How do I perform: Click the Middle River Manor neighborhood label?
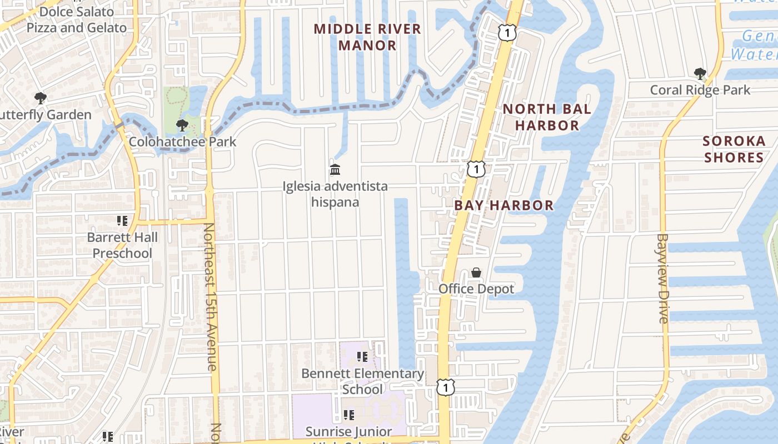point(367,37)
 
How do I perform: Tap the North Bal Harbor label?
point(547,117)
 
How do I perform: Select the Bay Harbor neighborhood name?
point(504,205)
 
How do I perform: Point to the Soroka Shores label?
point(734,149)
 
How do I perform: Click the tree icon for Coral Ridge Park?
point(700,73)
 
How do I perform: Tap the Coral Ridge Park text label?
point(700,90)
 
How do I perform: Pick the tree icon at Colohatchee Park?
point(182,125)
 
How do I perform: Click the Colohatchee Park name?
point(183,142)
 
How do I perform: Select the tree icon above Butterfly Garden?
point(40,98)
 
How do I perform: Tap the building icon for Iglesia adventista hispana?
point(335,169)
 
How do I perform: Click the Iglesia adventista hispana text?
point(335,194)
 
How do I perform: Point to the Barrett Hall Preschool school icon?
point(122,221)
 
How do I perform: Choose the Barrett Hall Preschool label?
point(122,245)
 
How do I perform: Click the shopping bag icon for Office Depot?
point(476,273)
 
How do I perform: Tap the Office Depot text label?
point(476,289)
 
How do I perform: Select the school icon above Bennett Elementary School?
point(362,357)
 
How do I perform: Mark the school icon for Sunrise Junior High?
point(348,415)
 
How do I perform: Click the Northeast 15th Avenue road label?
point(210,297)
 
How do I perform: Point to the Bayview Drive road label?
point(663,278)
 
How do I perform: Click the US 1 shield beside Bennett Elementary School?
point(446,387)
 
